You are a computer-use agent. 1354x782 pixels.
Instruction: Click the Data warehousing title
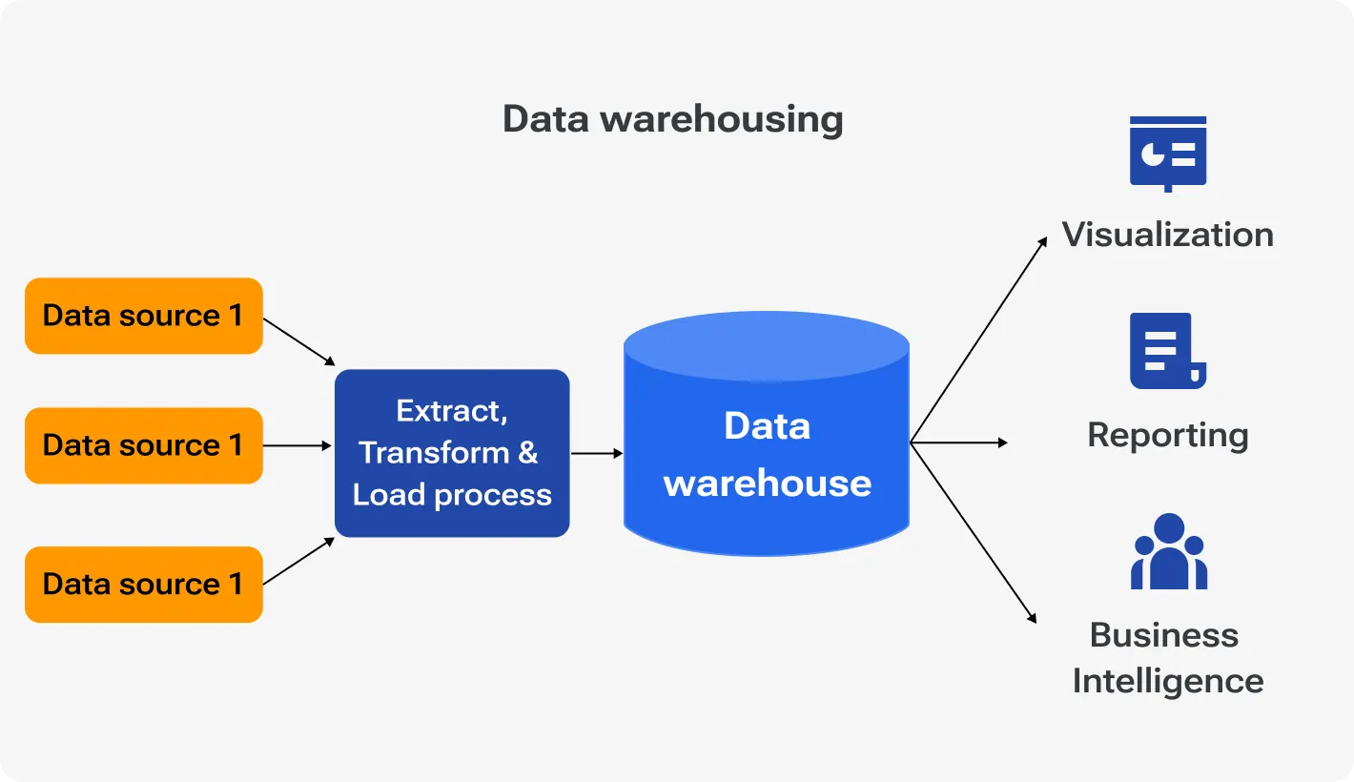tap(672, 120)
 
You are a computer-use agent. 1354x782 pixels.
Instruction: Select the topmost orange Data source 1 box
tap(143, 316)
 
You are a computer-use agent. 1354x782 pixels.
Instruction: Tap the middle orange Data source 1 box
tap(143, 445)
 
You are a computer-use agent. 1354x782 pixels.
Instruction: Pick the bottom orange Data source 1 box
tap(143, 584)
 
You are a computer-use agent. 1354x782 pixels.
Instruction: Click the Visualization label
tap(1167, 235)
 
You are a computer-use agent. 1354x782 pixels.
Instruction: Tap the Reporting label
tap(1167, 435)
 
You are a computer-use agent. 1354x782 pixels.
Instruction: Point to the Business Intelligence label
tap(1167, 658)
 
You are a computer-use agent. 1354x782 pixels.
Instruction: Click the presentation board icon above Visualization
tap(1167, 153)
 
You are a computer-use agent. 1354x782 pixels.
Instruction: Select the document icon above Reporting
tap(1165, 350)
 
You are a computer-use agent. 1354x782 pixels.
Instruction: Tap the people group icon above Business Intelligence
tap(1168, 552)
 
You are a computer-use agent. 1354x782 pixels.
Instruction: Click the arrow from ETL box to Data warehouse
tap(596, 454)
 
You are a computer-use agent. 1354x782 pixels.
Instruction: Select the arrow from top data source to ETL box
tap(298, 341)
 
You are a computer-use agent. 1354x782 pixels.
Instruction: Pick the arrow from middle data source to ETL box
tap(297, 445)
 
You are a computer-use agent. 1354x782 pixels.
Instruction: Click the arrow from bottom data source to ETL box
tap(298, 562)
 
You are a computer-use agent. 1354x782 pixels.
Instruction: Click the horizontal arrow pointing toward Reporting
tap(958, 442)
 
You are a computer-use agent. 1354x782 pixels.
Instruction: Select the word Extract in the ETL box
tap(451, 411)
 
